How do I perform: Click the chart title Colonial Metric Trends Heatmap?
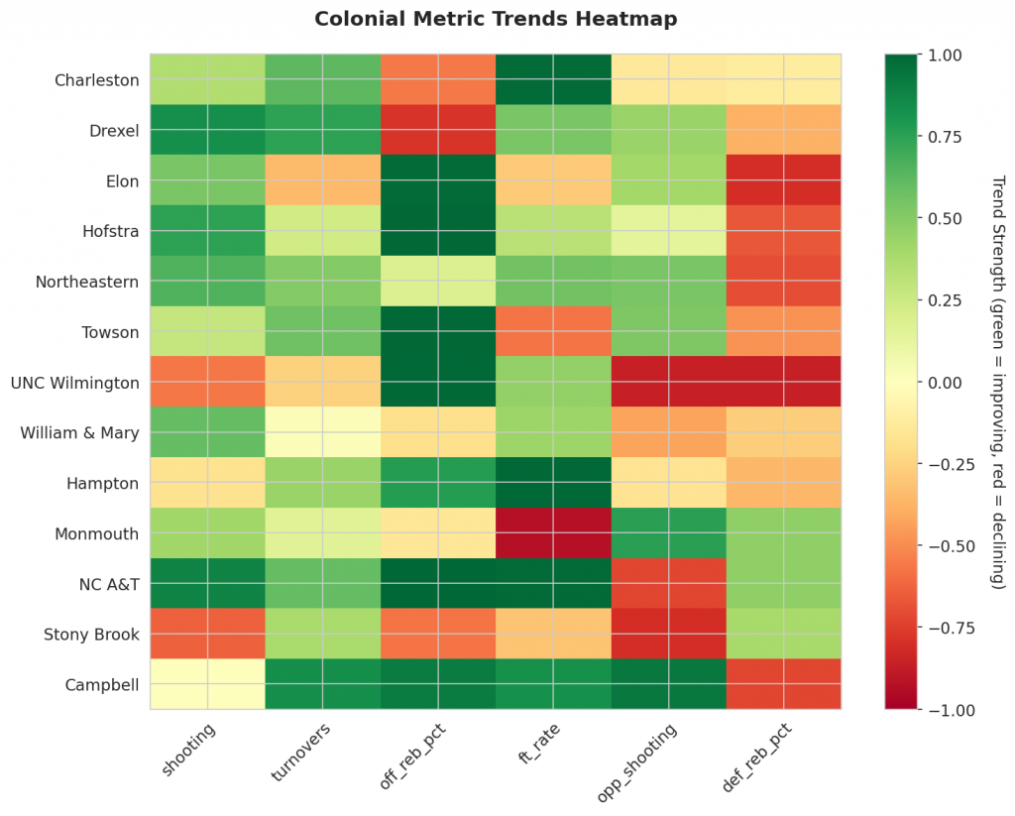tap(496, 19)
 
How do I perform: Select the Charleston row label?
tap(97, 79)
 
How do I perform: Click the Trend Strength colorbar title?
tap(997, 382)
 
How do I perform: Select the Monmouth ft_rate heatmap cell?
tap(553, 532)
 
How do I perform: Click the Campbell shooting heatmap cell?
tap(207, 684)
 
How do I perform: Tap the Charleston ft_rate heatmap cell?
tap(553, 79)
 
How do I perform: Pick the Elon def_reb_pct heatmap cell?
tap(783, 180)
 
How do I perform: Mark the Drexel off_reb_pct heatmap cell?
tap(438, 130)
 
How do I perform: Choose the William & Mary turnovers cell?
tap(322, 432)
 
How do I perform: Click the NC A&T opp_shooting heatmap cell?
tap(668, 583)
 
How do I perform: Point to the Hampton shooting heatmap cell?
tap(207, 483)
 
